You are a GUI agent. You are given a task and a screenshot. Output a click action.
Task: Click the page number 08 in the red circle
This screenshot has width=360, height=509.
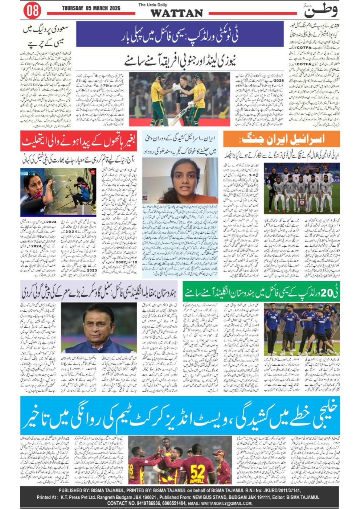click(32, 11)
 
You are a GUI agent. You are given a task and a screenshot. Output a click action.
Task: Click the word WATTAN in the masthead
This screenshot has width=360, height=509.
click(176, 13)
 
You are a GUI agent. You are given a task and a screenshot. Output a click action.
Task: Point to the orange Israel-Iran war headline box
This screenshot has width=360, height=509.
click(281, 139)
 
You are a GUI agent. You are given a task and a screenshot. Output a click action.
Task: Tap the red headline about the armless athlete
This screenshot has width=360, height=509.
click(78, 142)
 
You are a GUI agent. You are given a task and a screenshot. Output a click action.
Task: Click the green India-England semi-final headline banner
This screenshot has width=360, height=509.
click(261, 292)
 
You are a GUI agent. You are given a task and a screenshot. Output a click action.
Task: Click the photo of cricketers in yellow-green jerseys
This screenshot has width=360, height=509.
click(179, 99)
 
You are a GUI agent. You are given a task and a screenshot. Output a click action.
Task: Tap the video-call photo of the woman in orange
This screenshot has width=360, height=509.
click(180, 180)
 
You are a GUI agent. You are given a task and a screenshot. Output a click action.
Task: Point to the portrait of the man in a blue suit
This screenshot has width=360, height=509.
click(99, 328)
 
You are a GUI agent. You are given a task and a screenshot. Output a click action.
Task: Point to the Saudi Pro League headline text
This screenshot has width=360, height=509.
click(45, 36)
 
